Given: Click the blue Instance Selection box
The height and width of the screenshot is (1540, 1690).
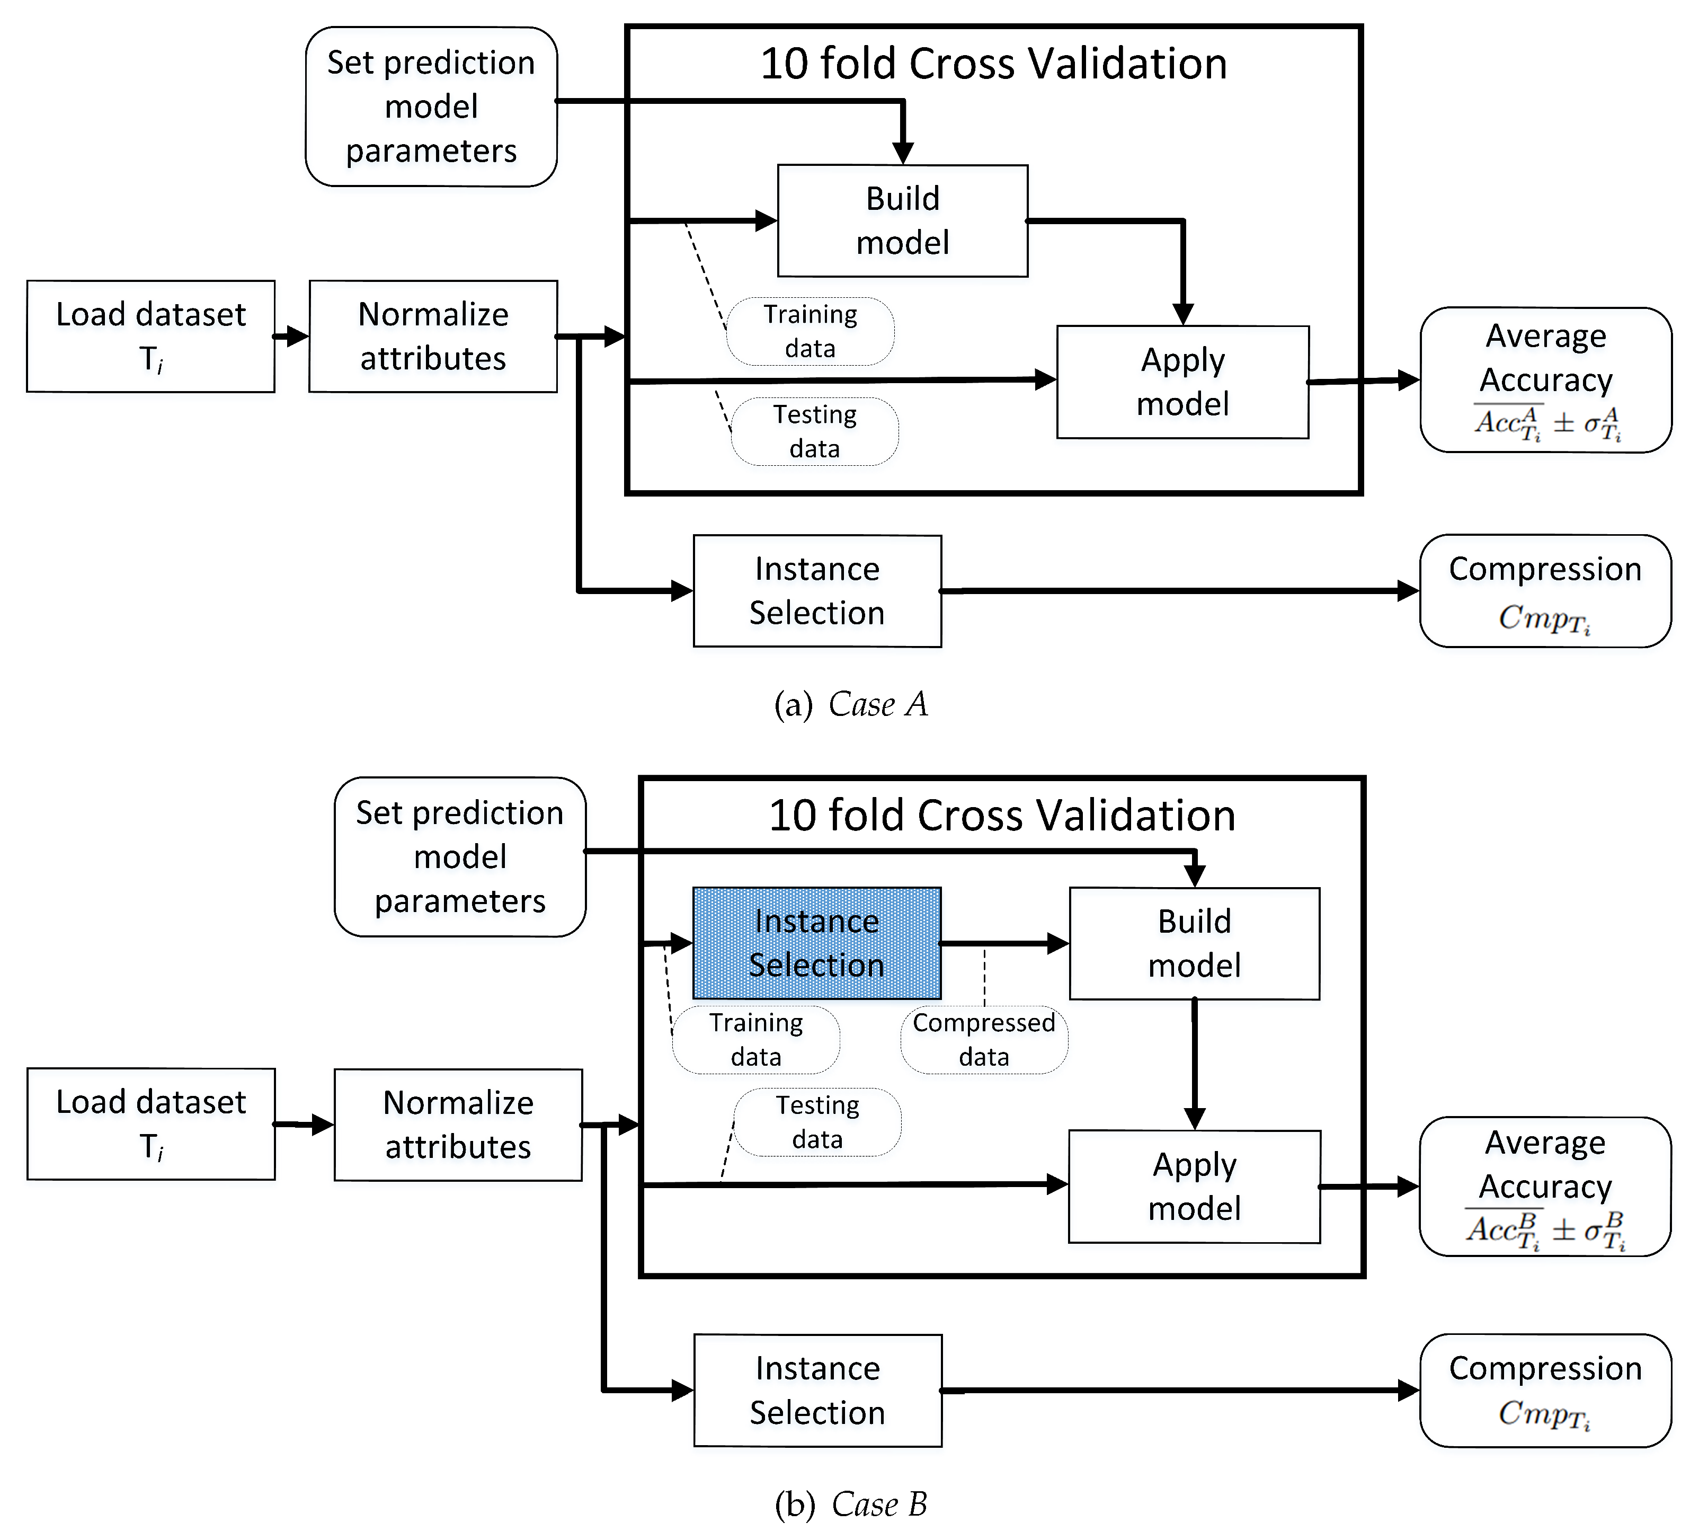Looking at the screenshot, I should click(816, 943).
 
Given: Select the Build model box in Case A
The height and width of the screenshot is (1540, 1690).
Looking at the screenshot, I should click(902, 220).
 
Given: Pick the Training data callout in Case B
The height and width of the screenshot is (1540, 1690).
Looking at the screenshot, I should click(755, 1040).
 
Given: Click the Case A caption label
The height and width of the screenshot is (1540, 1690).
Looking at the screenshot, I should click(851, 704).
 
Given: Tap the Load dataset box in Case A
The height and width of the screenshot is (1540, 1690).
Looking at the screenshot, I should click(151, 336).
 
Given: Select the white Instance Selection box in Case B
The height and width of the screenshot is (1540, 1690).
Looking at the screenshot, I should click(817, 1390).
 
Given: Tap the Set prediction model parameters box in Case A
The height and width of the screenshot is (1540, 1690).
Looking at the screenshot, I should click(431, 107).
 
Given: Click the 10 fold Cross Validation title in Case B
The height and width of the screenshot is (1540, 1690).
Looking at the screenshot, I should click(1002, 816).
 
